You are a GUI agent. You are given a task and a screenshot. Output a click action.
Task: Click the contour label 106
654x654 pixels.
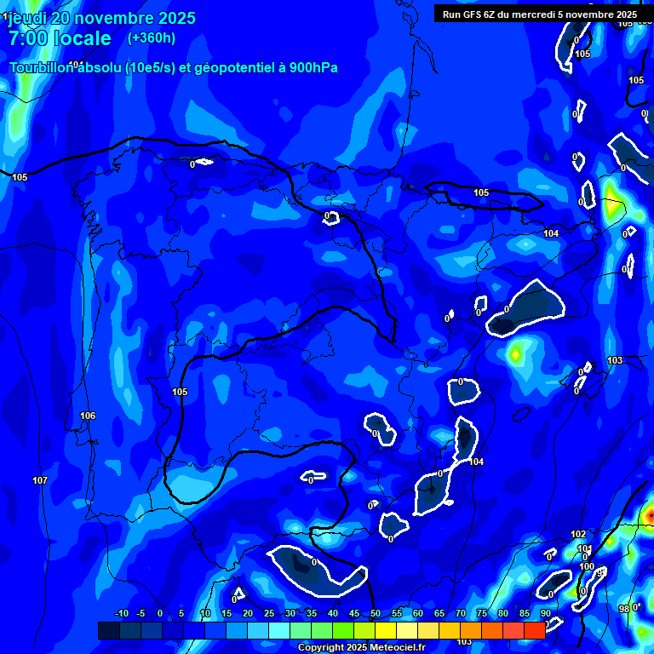pyautogui.click(x=88, y=416)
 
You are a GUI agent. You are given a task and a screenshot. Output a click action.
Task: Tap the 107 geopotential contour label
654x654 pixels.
pyautogui.click(x=40, y=481)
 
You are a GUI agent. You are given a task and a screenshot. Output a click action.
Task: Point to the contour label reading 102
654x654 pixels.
pyautogui.click(x=578, y=534)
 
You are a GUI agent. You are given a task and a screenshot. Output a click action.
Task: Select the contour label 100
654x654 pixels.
pyautogui.click(x=587, y=566)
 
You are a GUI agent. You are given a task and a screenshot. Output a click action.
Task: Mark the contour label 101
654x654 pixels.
pyautogui.click(x=584, y=549)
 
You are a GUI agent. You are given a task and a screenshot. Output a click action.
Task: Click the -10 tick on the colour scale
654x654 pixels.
pyautogui.click(x=122, y=613)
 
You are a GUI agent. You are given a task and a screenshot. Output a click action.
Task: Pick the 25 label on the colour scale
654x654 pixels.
pyautogui.click(x=268, y=613)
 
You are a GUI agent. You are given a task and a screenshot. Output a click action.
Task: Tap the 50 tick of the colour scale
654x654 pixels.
pyautogui.click(x=375, y=613)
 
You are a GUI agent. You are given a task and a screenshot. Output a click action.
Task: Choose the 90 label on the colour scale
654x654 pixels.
pyautogui.click(x=545, y=613)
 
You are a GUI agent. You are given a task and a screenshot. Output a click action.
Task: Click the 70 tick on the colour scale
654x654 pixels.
pyautogui.click(x=460, y=613)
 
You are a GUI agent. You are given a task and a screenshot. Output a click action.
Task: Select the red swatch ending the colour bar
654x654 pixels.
pyautogui.click(x=534, y=630)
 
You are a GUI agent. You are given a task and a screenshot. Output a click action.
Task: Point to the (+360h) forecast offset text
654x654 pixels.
pyautogui.click(x=152, y=37)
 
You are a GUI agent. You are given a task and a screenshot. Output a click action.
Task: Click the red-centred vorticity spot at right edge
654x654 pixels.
pyautogui.click(x=650, y=514)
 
